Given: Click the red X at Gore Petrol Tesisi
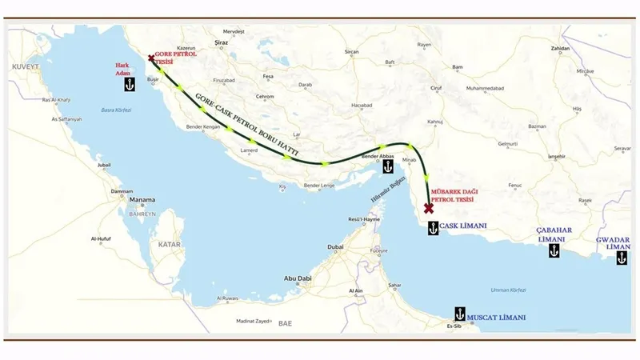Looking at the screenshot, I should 151,58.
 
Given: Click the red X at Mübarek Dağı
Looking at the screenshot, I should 429,208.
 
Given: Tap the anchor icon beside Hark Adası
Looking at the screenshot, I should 126,82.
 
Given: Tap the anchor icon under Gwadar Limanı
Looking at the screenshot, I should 622,258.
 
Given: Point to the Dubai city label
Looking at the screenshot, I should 336,247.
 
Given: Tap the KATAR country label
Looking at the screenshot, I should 170,243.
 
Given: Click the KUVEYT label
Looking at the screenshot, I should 26,67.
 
